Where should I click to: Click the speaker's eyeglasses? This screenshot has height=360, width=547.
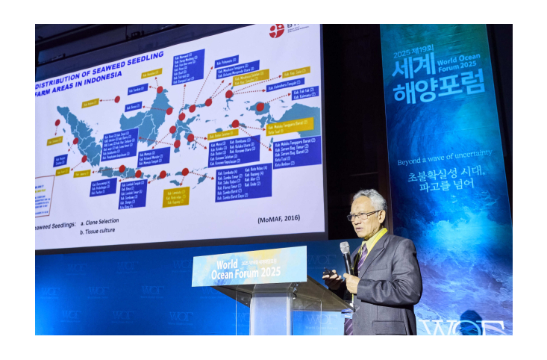click(363, 216)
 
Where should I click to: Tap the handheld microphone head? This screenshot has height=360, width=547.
click(345, 248)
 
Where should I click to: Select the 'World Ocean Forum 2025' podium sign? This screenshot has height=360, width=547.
click(249, 266)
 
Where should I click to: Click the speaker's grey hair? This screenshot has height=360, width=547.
click(371, 198)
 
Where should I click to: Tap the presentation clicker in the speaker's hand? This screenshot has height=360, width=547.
click(328, 274)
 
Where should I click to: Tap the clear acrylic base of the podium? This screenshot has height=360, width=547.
click(271, 314)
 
